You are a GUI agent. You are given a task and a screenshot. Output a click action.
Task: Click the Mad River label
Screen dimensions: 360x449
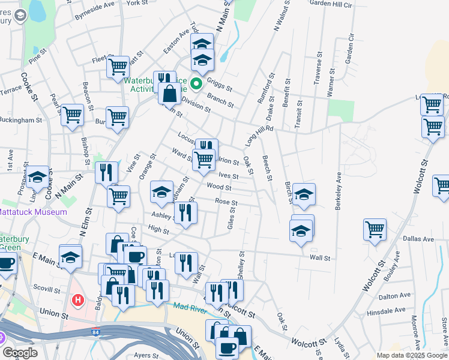coord(190,308)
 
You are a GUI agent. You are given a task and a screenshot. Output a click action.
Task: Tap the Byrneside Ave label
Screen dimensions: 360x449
coord(95,14)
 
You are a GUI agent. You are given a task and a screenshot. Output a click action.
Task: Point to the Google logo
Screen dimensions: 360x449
coord(20,353)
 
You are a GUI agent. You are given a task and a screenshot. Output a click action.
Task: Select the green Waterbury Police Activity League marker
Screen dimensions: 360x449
coord(196,78)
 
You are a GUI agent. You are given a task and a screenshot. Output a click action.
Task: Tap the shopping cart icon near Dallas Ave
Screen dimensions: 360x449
coord(375,229)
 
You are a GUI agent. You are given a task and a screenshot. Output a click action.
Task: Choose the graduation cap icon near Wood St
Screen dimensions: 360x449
coord(161,191)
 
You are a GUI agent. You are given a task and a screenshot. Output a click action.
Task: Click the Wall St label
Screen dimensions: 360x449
coord(320,257)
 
